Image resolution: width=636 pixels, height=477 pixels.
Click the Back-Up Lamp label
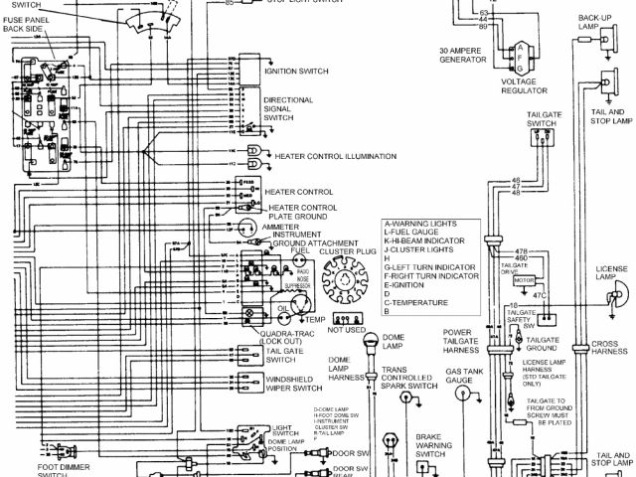[595, 22]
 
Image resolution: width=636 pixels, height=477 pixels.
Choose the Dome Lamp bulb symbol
[371, 345]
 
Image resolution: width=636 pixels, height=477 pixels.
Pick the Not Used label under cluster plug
[347, 328]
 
